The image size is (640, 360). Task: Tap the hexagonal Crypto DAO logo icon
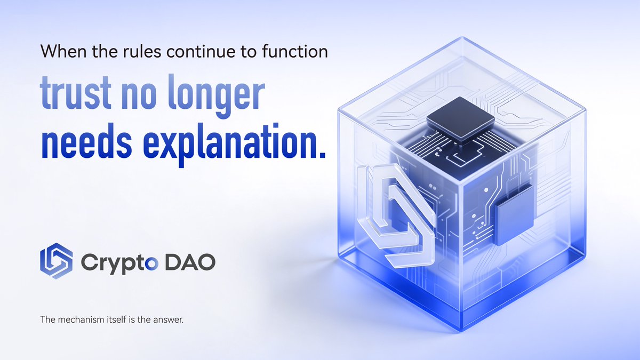56,261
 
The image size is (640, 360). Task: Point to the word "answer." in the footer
169,321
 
